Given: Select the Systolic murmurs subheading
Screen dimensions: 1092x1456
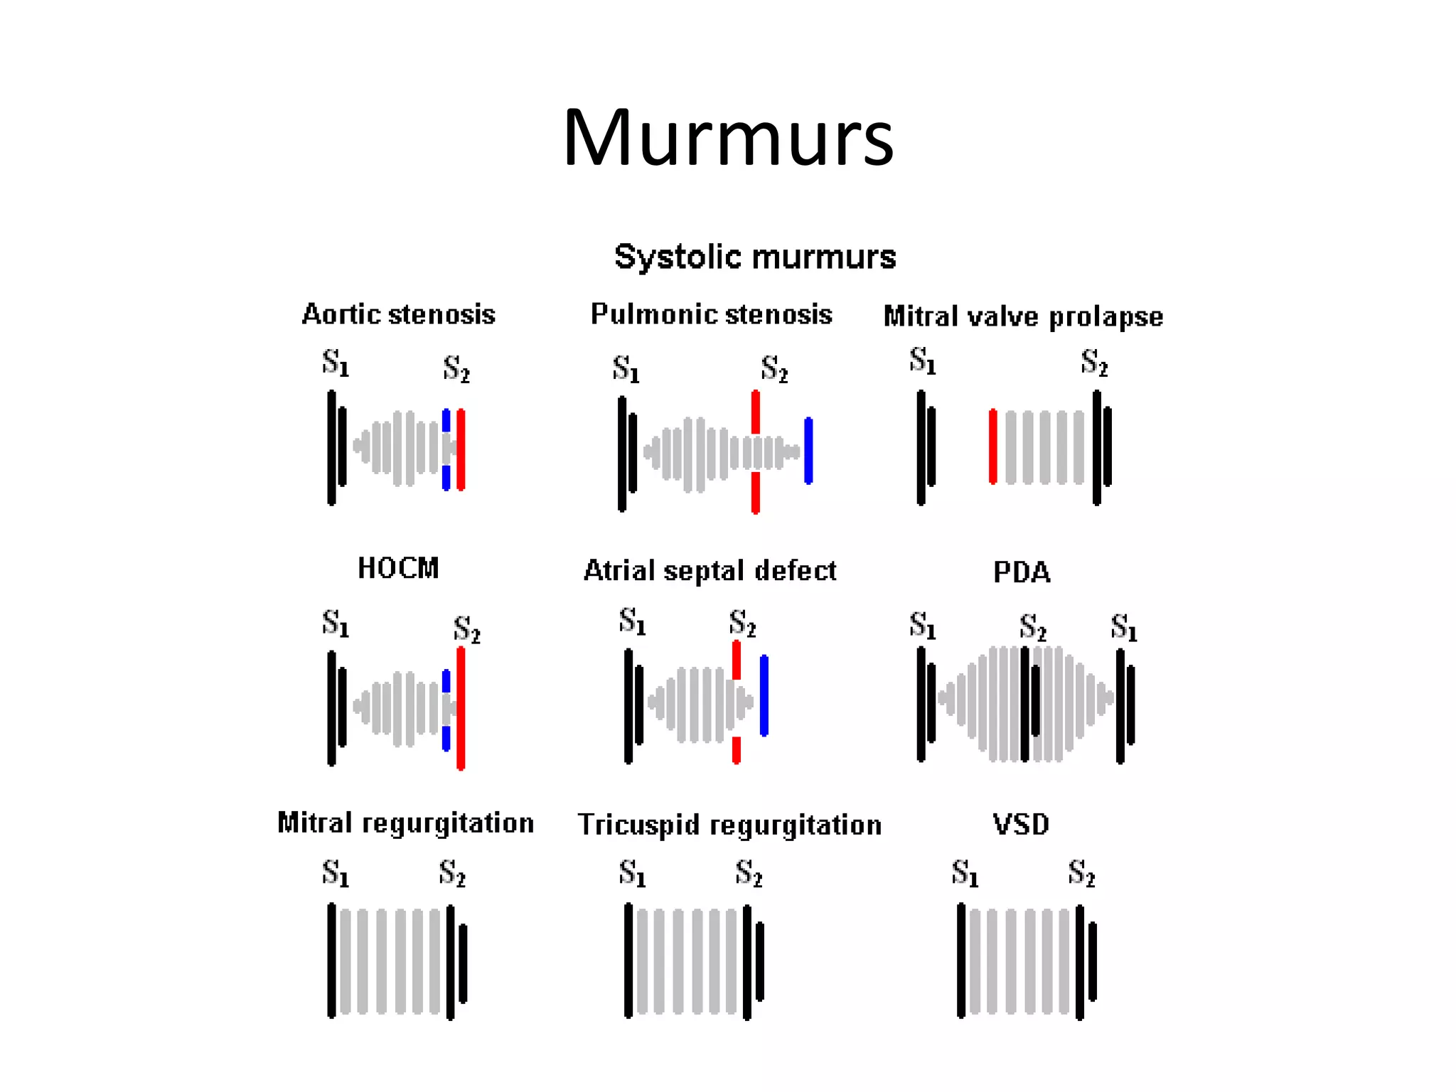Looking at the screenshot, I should (x=755, y=257).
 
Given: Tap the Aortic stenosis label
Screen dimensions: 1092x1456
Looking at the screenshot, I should (x=398, y=314).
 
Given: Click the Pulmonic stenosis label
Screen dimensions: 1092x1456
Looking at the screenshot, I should (x=711, y=314).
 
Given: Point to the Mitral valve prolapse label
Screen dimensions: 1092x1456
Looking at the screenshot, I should (x=1023, y=316).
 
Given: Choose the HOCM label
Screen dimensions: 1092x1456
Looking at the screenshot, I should (x=398, y=568).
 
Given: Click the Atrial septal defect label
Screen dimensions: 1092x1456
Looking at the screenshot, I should (x=710, y=571).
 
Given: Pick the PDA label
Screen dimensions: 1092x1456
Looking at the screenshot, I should (x=1022, y=572).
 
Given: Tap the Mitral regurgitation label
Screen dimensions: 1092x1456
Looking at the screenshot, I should (x=405, y=823).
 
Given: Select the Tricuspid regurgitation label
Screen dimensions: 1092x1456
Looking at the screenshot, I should (x=729, y=825).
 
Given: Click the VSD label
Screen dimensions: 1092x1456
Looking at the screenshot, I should (x=1021, y=825).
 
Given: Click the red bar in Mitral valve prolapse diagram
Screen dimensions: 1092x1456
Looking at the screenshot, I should (x=993, y=446).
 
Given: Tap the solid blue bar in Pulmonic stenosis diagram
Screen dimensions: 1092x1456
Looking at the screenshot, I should (x=808, y=450).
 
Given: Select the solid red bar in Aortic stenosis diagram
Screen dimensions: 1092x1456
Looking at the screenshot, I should (x=461, y=449).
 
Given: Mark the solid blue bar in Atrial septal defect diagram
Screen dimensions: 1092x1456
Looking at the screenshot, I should (x=764, y=695).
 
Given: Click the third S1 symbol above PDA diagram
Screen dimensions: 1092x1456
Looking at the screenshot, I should (x=1124, y=628).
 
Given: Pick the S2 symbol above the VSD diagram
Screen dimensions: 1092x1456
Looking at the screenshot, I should (x=1081, y=873).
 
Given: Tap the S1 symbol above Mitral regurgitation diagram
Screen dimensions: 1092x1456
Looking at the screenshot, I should (x=336, y=873).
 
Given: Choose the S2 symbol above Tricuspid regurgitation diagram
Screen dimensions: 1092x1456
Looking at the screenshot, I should (x=749, y=873).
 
